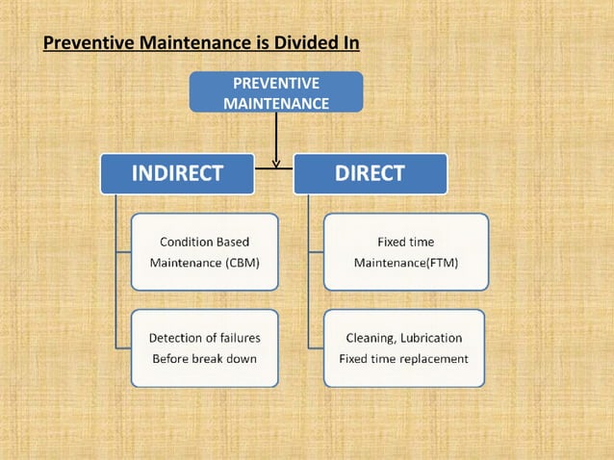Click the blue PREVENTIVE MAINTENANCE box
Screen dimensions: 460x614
point(275,92)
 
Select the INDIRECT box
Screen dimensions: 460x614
point(178,173)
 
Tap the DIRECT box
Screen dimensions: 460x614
point(370,173)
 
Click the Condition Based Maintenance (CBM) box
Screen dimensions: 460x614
point(204,251)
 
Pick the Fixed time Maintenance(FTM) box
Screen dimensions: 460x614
point(405,251)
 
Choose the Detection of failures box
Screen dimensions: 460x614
point(204,347)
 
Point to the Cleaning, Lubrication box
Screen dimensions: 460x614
point(403,347)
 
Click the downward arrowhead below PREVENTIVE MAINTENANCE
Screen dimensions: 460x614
point(276,163)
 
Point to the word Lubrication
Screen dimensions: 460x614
point(429,338)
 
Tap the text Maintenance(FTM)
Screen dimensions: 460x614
point(405,262)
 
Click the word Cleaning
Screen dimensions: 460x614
point(369,338)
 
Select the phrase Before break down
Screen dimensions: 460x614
point(202,359)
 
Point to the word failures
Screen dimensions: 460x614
point(238,338)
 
